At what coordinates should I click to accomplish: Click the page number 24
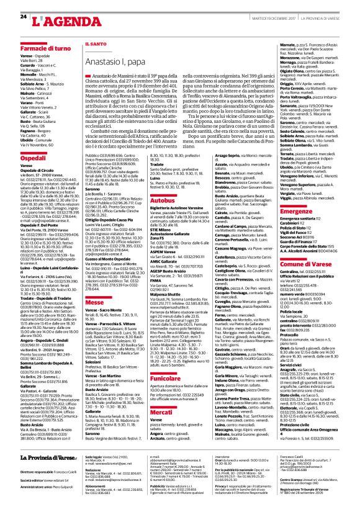click(23, 16)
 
